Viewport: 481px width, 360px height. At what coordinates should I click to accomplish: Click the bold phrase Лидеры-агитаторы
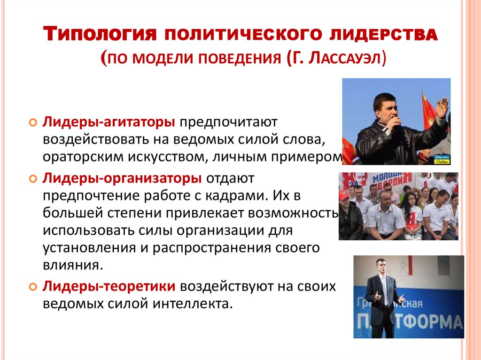110,122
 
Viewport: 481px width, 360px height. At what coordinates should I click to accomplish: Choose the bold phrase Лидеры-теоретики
110,286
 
